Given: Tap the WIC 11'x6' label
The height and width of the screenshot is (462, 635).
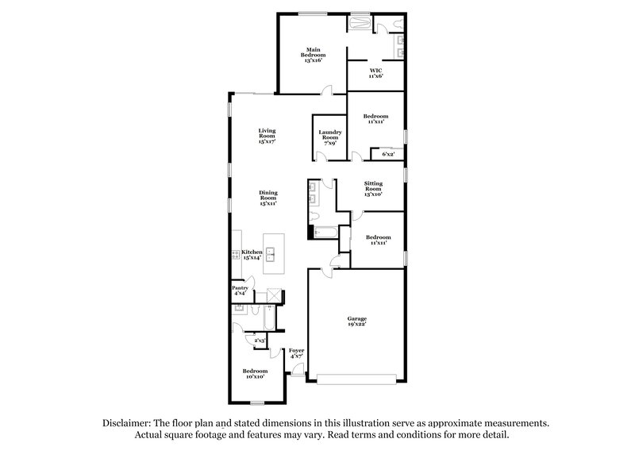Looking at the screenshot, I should (375, 72).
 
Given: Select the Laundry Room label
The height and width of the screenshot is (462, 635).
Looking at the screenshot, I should (329, 137).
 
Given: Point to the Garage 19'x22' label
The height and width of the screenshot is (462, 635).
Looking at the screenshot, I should (356, 321).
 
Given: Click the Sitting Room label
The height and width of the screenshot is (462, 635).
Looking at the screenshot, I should (373, 188).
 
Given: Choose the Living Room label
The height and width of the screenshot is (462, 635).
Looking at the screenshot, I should (267, 135).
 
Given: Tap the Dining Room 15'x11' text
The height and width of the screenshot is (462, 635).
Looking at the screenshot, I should (267, 198).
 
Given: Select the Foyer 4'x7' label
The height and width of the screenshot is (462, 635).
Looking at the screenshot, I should (296, 353).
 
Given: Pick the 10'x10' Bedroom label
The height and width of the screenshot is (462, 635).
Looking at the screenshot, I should (255, 373).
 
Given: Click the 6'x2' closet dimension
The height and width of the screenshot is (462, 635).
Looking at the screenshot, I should (388, 154).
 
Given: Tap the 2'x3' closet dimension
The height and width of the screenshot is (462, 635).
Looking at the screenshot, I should (259, 341).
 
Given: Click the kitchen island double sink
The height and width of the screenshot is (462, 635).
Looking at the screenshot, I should (270, 254).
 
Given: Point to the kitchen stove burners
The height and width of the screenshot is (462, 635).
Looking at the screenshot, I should (236, 255).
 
